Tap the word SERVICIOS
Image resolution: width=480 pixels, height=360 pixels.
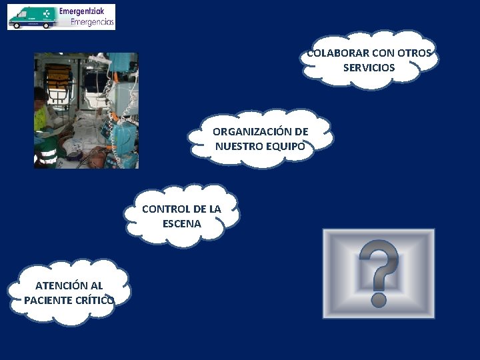coord(369,67)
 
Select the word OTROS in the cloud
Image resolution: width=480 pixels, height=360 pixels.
coord(416,53)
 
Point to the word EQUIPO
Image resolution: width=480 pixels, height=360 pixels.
coord(287,147)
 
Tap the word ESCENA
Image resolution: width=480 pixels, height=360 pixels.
coord(181,223)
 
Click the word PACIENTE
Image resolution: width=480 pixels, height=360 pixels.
coord(49,299)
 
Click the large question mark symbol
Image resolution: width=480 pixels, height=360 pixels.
coord(379,273)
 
